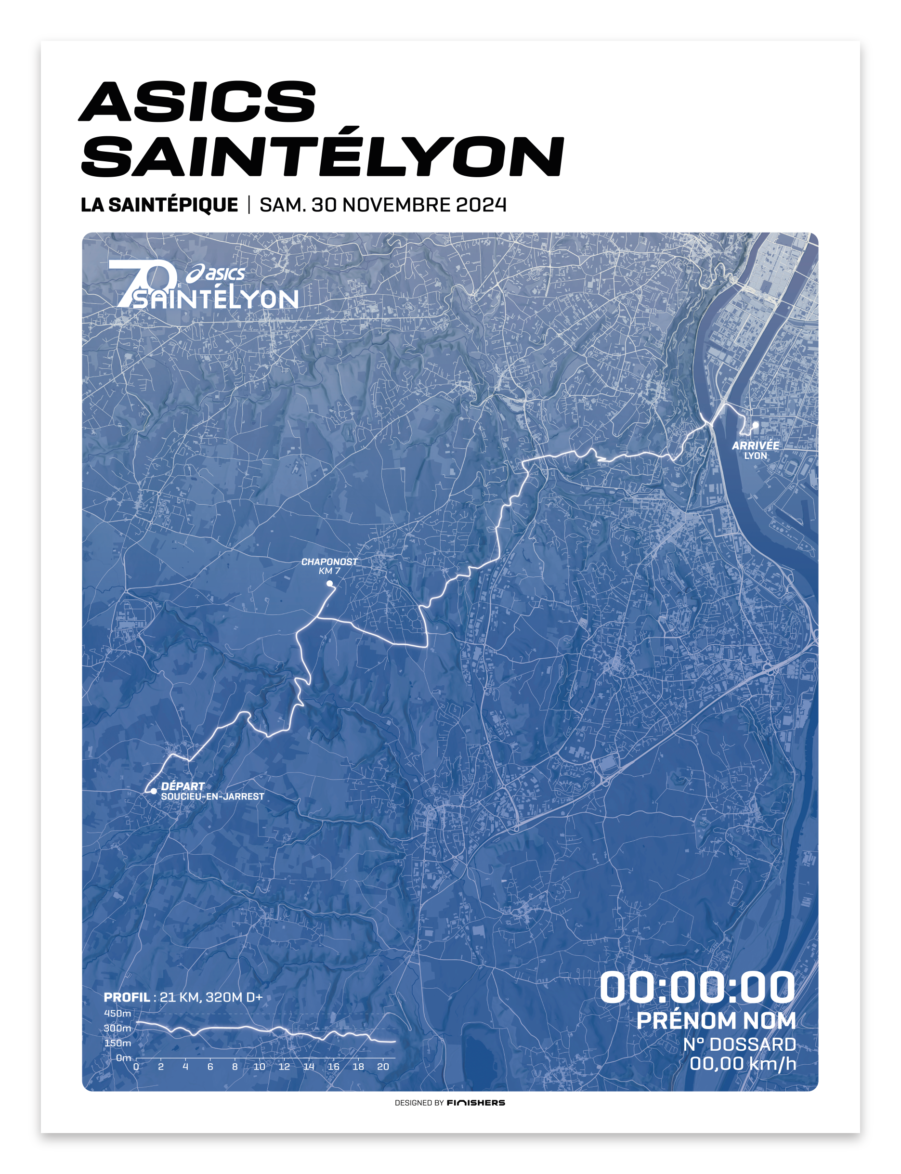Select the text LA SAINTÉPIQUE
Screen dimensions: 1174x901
pyautogui.click(x=159, y=205)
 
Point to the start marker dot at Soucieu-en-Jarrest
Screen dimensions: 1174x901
pyautogui.click(x=154, y=791)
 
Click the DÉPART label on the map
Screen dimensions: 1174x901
pyautogui.click(x=183, y=786)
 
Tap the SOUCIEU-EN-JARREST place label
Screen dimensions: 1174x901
pyautogui.click(x=212, y=797)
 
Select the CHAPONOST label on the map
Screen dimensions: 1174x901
pyautogui.click(x=329, y=561)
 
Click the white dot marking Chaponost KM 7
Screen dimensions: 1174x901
pyautogui.click(x=330, y=584)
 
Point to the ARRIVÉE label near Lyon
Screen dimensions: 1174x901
pyautogui.click(x=755, y=446)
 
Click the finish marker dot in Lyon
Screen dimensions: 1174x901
pyautogui.click(x=755, y=425)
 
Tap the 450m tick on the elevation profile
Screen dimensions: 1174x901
pyautogui.click(x=118, y=1014)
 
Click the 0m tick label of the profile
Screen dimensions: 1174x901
pyautogui.click(x=123, y=1058)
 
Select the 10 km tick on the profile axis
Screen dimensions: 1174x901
pyautogui.click(x=260, y=1067)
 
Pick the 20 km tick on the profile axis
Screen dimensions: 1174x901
pyautogui.click(x=383, y=1067)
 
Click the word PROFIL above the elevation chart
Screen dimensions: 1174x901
pyautogui.click(x=127, y=997)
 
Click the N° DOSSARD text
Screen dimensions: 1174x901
pyautogui.click(x=739, y=1044)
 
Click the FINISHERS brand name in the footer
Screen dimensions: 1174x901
pyautogui.click(x=476, y=1103)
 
